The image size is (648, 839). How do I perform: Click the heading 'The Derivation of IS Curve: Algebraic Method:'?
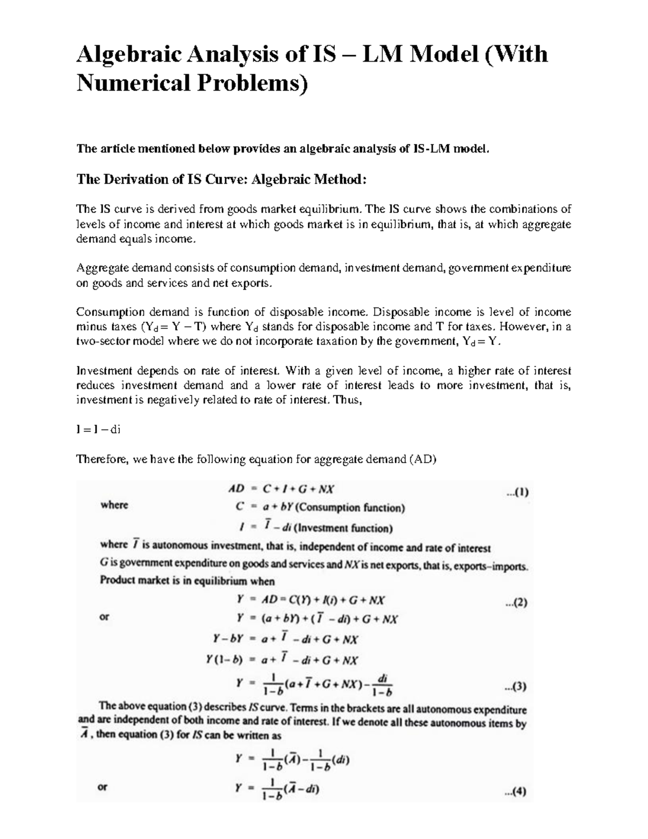[221, 179]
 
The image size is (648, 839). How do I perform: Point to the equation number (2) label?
[516, 603]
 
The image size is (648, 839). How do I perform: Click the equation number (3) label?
[515, 687]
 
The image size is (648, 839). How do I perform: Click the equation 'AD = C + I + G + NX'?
[281, 489]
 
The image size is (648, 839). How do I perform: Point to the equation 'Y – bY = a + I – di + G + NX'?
[286, 639]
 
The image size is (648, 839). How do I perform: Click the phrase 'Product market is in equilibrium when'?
[187, 581]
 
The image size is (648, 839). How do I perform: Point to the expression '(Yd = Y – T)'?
[174, 327]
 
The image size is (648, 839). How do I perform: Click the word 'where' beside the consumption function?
[114, 505]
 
